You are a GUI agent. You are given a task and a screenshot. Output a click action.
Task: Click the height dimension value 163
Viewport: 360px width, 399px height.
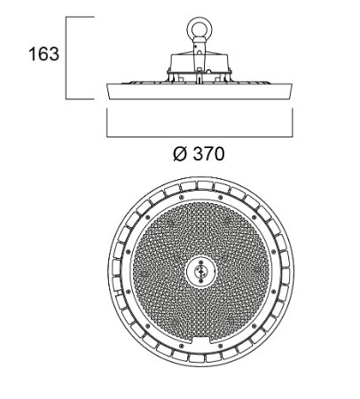43,54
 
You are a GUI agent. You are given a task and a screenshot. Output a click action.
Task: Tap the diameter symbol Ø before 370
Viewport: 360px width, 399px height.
180,154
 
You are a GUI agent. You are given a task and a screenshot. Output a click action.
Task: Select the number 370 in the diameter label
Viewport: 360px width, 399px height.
208,154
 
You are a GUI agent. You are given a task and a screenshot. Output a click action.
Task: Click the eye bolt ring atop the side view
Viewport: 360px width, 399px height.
200,29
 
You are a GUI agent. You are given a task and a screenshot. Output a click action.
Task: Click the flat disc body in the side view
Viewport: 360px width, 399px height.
200,91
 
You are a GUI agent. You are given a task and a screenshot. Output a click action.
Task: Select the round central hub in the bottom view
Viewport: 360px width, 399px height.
201,271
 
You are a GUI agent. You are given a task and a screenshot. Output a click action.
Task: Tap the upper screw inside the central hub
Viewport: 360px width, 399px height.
201,262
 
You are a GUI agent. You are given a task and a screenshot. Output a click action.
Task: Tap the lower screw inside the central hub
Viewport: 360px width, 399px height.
201,280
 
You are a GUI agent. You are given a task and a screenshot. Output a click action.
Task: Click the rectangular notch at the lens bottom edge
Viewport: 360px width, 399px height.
201,340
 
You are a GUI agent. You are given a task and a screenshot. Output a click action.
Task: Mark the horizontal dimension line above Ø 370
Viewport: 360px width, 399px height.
200,137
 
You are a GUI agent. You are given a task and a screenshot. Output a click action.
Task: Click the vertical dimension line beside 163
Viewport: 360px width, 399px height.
67,58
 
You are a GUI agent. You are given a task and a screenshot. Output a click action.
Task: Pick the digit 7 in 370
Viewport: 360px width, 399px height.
208,154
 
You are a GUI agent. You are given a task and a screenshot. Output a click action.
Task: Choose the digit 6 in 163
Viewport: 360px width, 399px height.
43,54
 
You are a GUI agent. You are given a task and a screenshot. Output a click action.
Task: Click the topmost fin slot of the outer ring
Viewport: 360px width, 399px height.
205,185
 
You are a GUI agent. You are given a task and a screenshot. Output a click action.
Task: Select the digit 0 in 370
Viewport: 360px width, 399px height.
220,154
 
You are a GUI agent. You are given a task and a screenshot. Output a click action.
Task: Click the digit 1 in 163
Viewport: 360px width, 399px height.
33,54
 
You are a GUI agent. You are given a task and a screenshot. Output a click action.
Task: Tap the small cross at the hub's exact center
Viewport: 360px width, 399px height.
201,271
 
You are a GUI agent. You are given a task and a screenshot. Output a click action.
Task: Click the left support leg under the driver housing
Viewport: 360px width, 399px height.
171,76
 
